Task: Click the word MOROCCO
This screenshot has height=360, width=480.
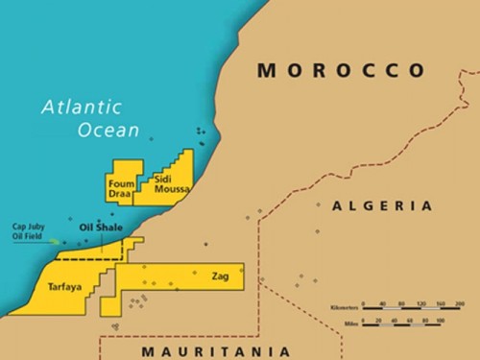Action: pyautogui.click(x=341, y=70)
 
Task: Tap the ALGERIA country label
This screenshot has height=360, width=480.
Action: pyautogui.click(x=381, y=206)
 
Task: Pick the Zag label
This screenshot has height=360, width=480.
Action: pyautogui.click(x=220, y=276)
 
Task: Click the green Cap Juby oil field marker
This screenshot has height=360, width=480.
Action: pyautogui.click(x=64, y=241)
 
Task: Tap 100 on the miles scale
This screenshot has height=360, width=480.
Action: pyautogui.click(x=440, y=320)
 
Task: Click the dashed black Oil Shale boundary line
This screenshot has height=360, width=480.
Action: pyautogui.click(x=91, y=257)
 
